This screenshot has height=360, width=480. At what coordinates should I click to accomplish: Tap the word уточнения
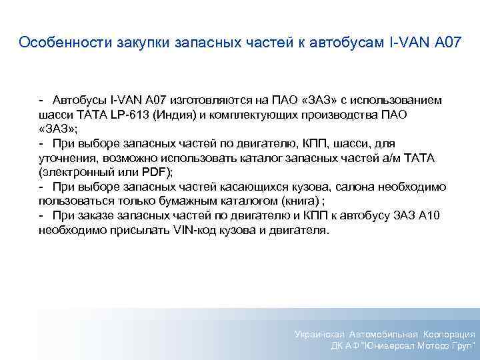[67, 157]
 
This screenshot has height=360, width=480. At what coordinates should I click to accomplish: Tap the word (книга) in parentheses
[284, 201]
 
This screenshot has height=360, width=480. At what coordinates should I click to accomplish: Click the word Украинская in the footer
[319, 334]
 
